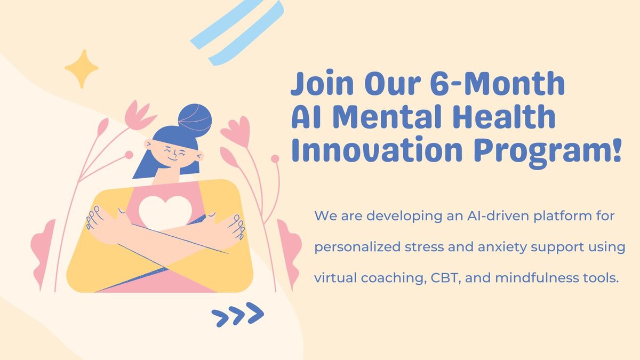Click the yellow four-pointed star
click(82, 69)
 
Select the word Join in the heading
click(322, 83)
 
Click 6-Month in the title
click(498, 83)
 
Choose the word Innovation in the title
click(377, 150)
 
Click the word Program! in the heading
click(547, 152)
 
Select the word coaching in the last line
click(393, 278)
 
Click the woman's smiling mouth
click(173, 159)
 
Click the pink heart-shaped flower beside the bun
click(236, 131)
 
